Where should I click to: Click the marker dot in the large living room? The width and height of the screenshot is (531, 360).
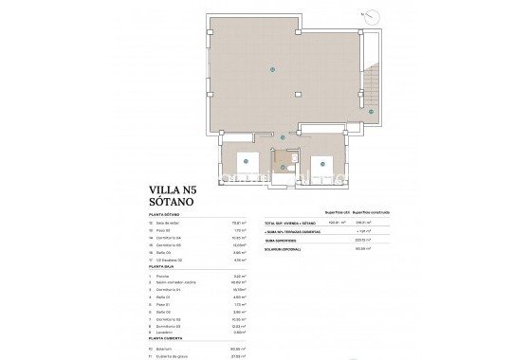274,68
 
